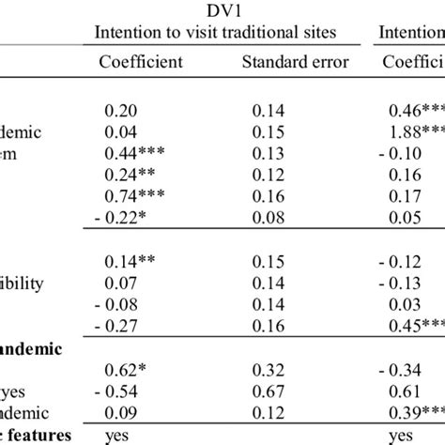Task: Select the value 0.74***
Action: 137,194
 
